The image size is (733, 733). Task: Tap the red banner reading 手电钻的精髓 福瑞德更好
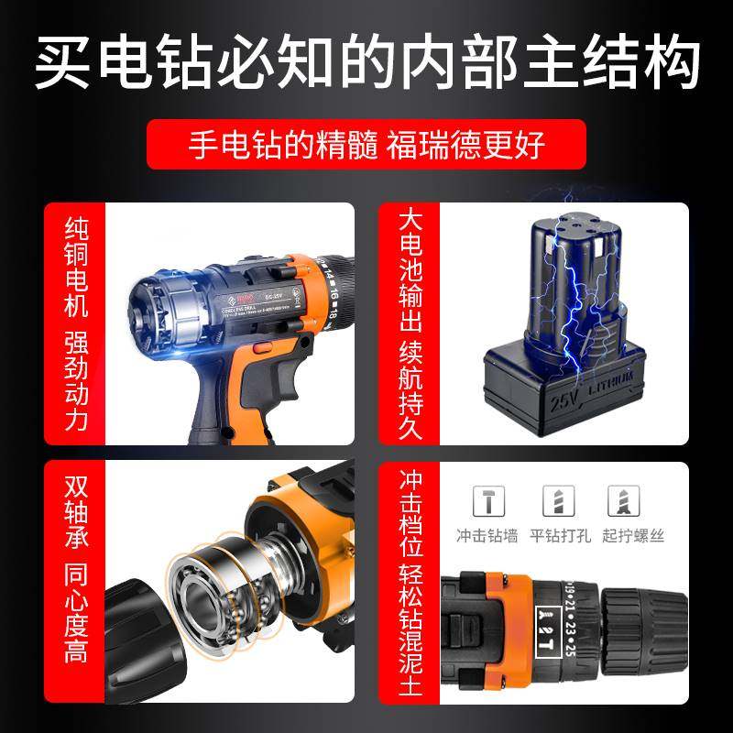tap(366, 146)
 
